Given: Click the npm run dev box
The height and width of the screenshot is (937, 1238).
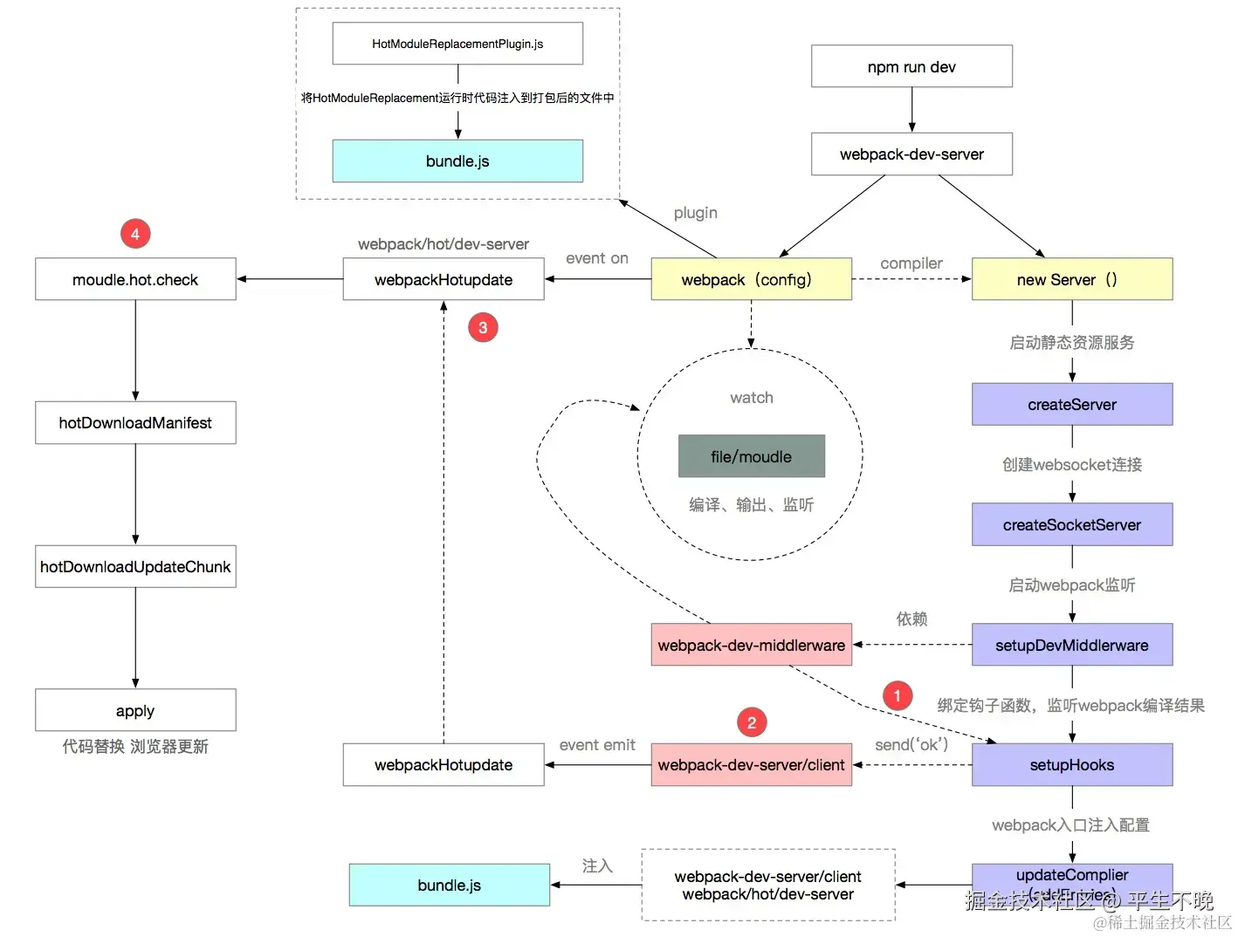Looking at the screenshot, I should tap(911, 66).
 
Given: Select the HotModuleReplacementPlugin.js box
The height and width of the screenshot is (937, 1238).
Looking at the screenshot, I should tap(457, 44).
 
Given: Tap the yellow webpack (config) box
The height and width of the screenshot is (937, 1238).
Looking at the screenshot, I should tap(751, 279).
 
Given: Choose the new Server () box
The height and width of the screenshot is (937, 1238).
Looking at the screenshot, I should tap(1071, 279).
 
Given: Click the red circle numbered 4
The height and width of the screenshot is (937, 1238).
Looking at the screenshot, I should tap(135, 234).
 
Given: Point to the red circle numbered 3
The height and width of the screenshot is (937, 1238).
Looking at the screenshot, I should tap(483, 328).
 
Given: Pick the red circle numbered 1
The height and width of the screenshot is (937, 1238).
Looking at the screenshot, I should tap(897, 695).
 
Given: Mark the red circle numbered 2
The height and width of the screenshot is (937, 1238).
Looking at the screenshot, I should tap(752, 722).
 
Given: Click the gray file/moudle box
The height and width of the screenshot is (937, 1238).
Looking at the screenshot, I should tap(751, 456).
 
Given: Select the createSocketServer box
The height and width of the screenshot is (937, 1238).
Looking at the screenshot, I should tap(1071, 525).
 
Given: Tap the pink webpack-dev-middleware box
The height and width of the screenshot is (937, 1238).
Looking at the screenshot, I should tap(751, 645).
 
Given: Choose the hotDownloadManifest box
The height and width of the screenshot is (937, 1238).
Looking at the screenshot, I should tap(135, 423).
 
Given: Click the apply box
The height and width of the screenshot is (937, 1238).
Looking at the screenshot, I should tap(135, 710).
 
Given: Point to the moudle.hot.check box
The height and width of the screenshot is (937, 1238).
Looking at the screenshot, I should tap(135, 279).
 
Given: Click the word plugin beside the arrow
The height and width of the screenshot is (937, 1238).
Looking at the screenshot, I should tap(695, 213).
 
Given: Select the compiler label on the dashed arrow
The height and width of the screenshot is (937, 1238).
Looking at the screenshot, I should tap(911, 263).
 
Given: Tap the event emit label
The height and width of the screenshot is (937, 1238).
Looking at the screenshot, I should tap(597, 745).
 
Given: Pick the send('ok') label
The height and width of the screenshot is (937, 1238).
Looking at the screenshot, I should tap(911, 744).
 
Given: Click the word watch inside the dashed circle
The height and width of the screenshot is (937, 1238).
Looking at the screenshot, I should tap(751, 398).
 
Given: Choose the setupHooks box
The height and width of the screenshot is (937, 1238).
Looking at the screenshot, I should tap(1071, 765).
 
